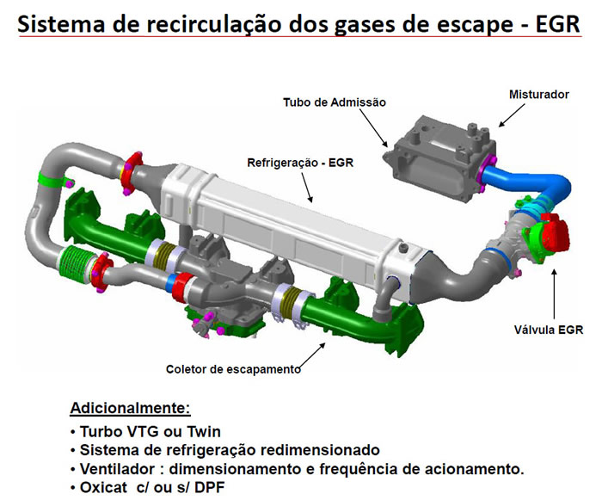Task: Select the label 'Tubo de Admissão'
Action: pyautogui.click(x=335, y=102)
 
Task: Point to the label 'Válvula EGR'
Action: pyautogui.click(x=549, y=328)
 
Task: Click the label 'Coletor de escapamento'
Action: pyautogui.click(x=233, y=369)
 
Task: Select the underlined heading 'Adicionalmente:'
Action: pyautogui.click(x=130, y=407)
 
